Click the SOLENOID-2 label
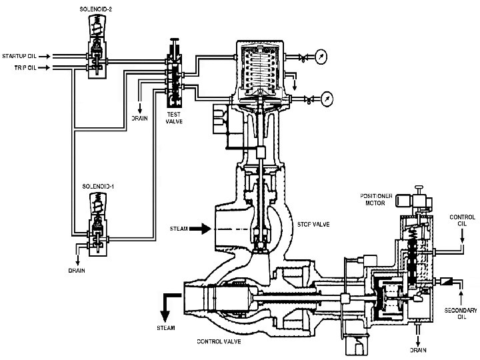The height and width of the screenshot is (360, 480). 96,9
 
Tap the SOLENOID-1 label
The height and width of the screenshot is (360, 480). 98,187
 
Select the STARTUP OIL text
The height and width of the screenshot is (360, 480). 19,56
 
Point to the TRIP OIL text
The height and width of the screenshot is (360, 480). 25,67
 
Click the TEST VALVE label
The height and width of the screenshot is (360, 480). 174,118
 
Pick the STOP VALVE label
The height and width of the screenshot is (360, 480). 313,225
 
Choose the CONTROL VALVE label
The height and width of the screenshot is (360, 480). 219,341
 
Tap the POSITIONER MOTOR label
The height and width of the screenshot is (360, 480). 376,199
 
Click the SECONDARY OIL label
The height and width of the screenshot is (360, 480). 461,313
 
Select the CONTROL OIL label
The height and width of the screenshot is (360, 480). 462,221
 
